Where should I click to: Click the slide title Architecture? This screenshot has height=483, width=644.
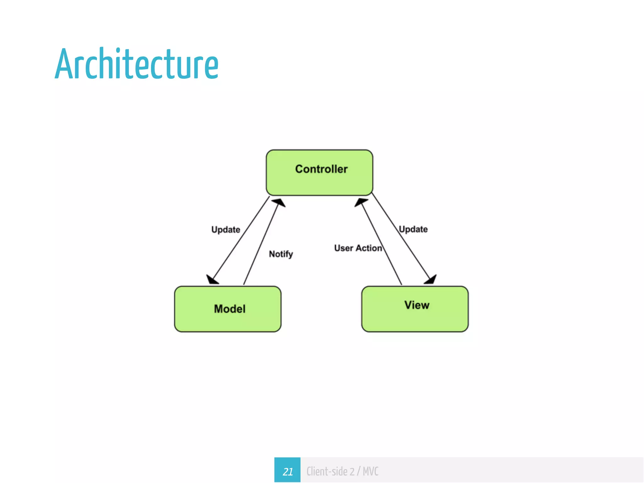tap(137, 64)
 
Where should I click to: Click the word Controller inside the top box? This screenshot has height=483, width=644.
tap(321, 169)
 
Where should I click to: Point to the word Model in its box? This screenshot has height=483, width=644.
tap(230, 309)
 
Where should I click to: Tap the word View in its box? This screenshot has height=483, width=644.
tap(417, 305)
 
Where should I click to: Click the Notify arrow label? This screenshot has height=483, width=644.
tap(281, 254)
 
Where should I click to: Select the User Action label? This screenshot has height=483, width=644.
tap(358, 248)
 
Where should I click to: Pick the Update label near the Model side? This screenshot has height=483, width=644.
tap(225, 230)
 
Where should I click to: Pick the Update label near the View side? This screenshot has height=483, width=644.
tap(413, 229)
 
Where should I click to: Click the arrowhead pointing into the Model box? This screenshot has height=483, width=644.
tap(212, 280)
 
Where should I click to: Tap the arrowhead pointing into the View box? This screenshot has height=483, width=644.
tap(431, 279)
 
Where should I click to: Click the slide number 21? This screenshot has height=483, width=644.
tap(287, 471)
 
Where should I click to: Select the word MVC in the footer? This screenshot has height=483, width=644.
tap(370, 471)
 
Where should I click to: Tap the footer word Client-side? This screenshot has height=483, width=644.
tap(327, 471)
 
